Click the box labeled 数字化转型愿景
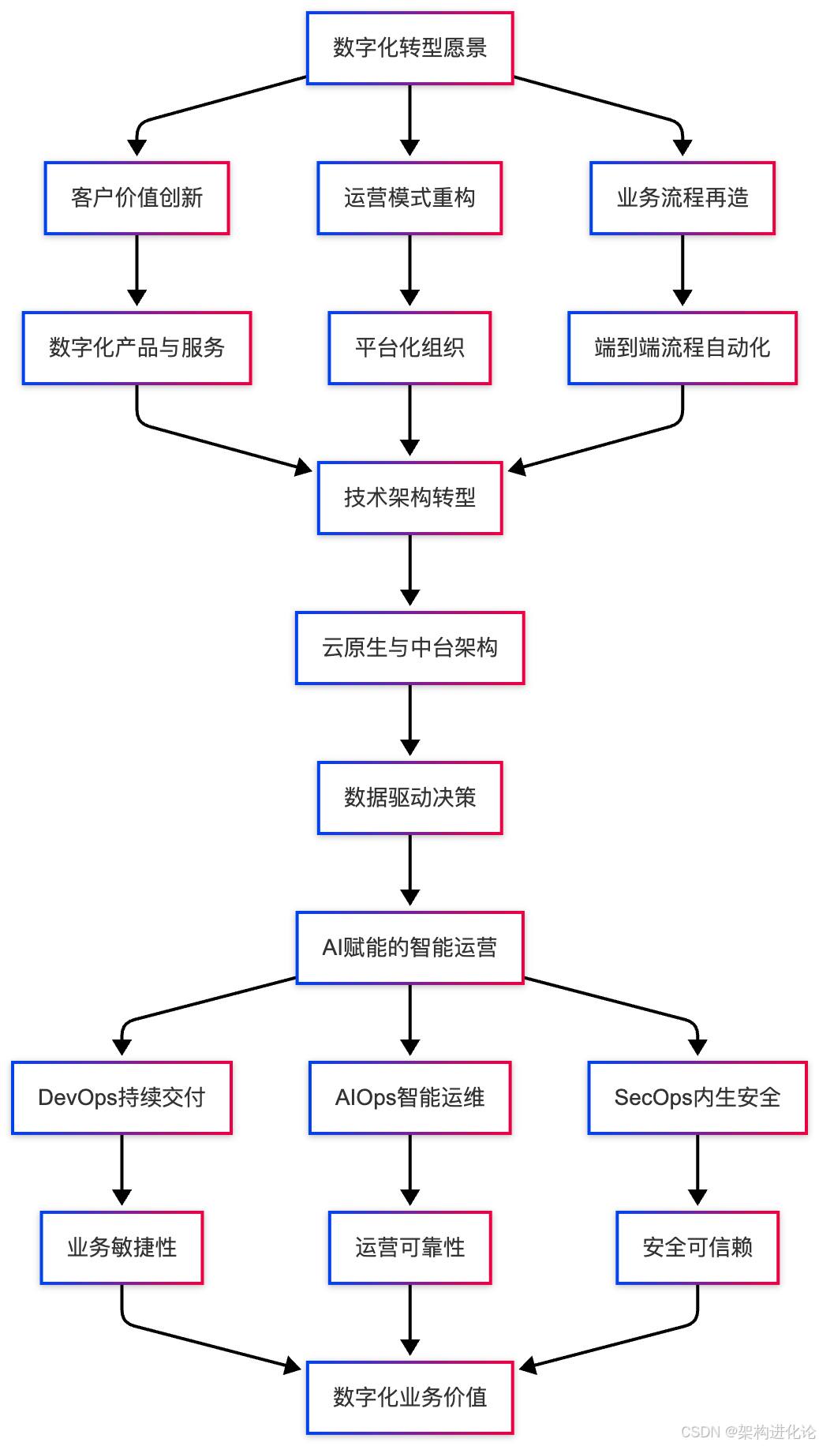coord(409,48)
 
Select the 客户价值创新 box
coord(136,198)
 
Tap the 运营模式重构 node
coord(409,198)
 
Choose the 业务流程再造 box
coord(682,198)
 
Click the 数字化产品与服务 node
coord(136,348)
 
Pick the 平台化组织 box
coord(409,348)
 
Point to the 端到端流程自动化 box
coord(682,348)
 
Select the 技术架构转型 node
coord(409,498)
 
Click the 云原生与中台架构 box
coord(409,648)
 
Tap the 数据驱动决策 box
coord(409,798)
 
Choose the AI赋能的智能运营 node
coord(409,948)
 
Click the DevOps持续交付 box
coord(122,1098)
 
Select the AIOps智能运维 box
coord(409,1098)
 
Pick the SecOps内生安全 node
coord(697,1098)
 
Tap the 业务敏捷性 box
coord(122,1248)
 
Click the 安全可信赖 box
coord(697,1248)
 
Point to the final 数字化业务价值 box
coord(409,1398)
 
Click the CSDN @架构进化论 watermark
coord(747,1432)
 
